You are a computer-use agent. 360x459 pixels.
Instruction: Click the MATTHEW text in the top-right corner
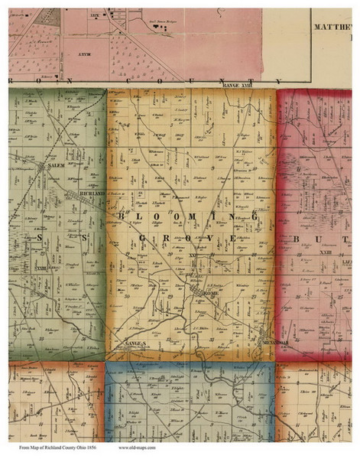[x=334, y=25]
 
